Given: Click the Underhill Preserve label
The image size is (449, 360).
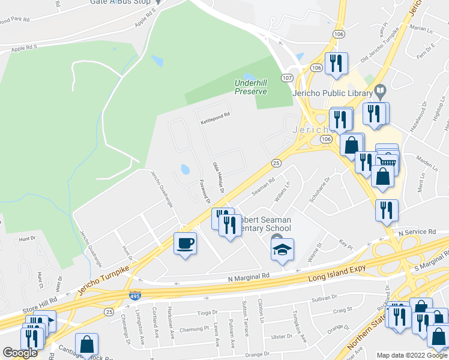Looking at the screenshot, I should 251,87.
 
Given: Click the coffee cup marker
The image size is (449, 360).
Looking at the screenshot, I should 185,244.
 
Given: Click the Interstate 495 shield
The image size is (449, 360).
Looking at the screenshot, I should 135,296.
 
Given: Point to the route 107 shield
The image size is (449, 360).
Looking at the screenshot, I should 288,78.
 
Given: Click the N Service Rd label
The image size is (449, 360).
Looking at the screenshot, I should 417,232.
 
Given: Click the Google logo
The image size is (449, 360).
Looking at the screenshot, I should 20,353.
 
